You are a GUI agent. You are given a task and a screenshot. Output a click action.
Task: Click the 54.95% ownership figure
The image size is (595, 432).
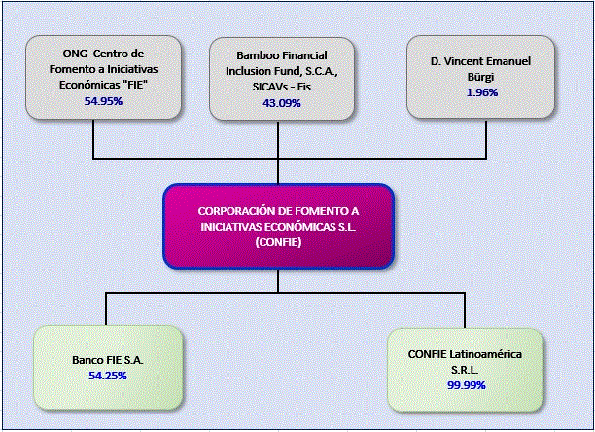(103, 101)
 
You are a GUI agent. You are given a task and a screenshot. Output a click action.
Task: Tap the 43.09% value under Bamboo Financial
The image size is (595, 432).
(282, 103)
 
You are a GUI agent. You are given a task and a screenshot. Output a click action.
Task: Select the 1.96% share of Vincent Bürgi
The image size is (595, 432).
(482, 92)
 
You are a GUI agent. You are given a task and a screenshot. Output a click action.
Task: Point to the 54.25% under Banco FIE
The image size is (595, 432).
(108, 376)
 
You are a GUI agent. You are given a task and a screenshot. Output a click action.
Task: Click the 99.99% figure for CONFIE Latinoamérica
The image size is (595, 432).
(467, 385)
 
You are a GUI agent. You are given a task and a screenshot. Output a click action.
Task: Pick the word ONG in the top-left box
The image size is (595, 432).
(75, 54)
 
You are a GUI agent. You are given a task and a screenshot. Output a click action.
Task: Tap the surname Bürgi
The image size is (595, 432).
(480, 77)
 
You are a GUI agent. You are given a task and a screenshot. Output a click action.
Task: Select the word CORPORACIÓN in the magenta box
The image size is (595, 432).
(231, 211)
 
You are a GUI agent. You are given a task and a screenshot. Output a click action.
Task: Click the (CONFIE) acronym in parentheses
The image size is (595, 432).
(278, 242)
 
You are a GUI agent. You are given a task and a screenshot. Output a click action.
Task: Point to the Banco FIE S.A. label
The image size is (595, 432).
(108, 360)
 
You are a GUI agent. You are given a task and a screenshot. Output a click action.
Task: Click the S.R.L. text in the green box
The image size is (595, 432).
(465, 370)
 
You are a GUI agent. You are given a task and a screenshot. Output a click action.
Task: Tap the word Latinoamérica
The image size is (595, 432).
(486, 354)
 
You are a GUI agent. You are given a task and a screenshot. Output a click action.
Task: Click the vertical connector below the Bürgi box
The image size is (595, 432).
(486, 139)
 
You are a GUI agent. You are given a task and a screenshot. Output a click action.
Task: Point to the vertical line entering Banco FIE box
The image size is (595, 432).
(106, 309)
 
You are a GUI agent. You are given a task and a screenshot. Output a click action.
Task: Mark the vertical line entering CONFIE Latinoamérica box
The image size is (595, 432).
(465, 310)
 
